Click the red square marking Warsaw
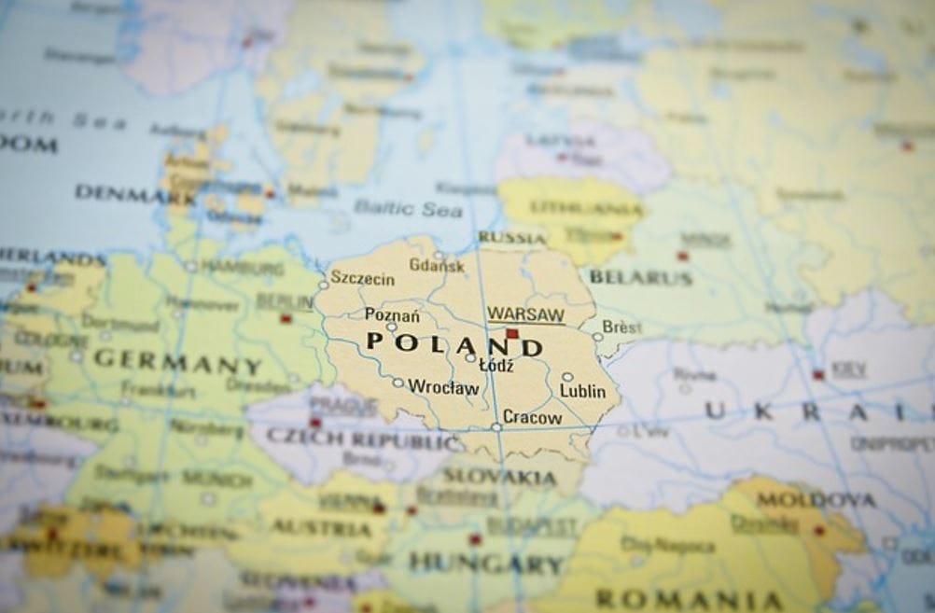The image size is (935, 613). click(511, 333)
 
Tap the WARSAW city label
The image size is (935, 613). click(525, 313)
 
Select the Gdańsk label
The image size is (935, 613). click(436, 266)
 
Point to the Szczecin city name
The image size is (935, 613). click(362, 279)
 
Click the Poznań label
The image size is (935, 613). click(392, 315)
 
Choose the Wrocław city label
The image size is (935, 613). click(443, 386)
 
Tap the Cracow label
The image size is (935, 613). click(532, 418)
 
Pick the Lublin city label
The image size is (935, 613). click(582, 392)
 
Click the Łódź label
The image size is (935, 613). click(495, 366)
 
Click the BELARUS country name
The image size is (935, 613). click(641, 277)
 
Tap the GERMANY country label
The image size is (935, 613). click(177, 361)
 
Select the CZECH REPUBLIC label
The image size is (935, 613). click(364, 437)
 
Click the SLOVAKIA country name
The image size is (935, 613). click(499, 477)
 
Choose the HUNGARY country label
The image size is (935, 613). click(486, 563)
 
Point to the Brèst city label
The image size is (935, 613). click(621, 327)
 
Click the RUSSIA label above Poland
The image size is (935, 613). click(512, 238)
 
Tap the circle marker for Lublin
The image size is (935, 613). click(567, 377)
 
